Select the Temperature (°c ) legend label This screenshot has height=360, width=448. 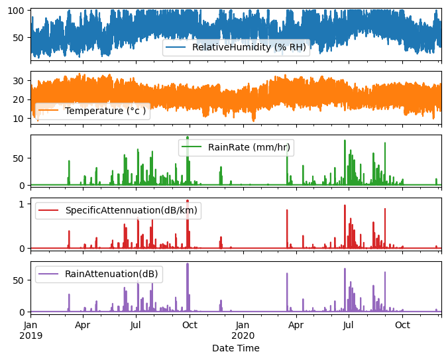[x=106, y=111]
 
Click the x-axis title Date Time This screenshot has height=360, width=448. [x=236, y=348]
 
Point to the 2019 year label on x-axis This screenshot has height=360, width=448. [x=30, y=336]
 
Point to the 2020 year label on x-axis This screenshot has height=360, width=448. [x=243, y=336]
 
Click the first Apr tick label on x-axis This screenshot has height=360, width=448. [x=83, y=326]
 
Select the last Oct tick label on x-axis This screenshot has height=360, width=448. [x=402, y=326]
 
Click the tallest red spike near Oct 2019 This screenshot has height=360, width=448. [x=188, y=200]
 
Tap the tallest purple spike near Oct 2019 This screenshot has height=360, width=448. [x=188, y=264]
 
